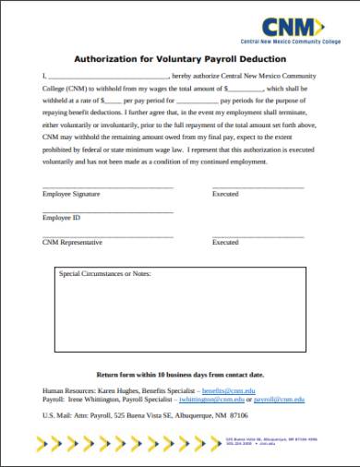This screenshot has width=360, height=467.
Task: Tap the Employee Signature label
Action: click(x=71, y=195)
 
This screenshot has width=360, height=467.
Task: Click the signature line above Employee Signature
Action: click(x=107, y=188)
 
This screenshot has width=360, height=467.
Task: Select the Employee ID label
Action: click(x=62, y=219)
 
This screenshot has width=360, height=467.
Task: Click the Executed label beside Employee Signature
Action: click(x=225, y=195)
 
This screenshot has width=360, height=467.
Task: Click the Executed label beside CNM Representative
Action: click(x=225, y=242)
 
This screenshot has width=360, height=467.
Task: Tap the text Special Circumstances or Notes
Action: click(x=104, y=274)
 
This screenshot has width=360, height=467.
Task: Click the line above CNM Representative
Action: click(x=107, y=235)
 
